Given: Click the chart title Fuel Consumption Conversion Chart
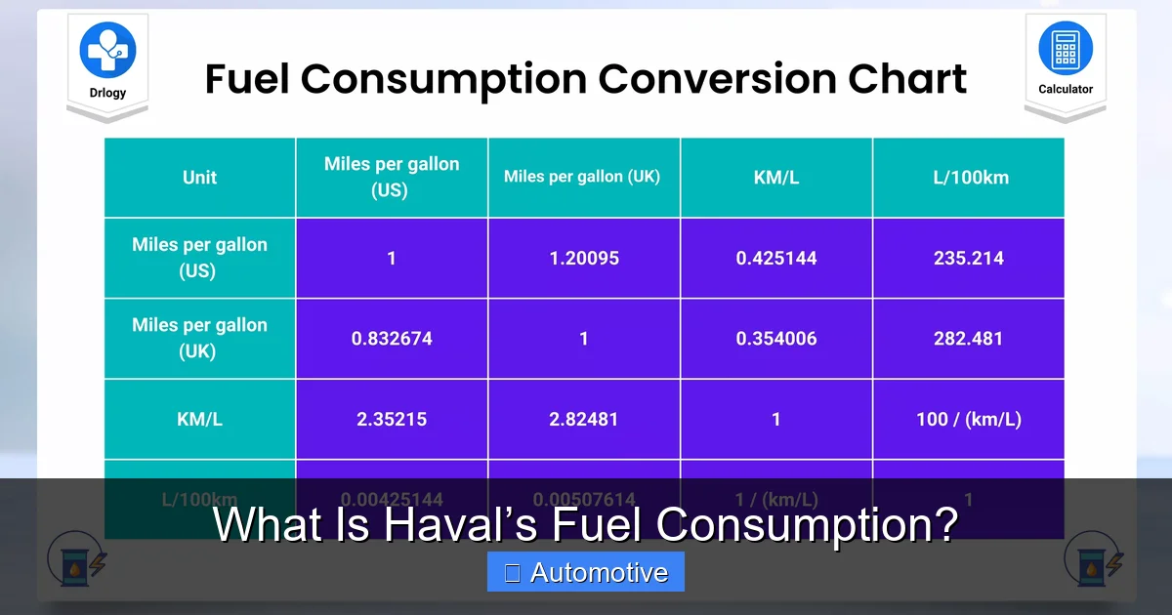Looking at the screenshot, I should coord(586,78).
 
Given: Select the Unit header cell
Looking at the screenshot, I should coord(199,178).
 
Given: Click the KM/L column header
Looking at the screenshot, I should coord(776,178).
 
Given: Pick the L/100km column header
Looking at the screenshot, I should coord(969,178).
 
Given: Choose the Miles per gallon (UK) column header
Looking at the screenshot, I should coord(583,178).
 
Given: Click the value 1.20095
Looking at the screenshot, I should coord(583,259).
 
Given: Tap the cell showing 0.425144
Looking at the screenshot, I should coord(776,259).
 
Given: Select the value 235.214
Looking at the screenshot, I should coord(969,259).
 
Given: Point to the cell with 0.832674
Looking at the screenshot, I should coord(392,339).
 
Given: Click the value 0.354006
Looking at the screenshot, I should coord(776,339).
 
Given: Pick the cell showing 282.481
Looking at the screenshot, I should coord(969,339).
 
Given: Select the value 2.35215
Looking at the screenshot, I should coord(392,419).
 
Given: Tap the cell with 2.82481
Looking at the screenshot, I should coord(583,419).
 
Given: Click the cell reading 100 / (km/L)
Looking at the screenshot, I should coord(969,419).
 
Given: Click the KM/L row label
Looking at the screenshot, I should coord(199,419).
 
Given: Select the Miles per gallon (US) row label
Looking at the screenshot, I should coord(199,259).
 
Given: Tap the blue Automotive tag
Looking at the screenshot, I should coord(586,572).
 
